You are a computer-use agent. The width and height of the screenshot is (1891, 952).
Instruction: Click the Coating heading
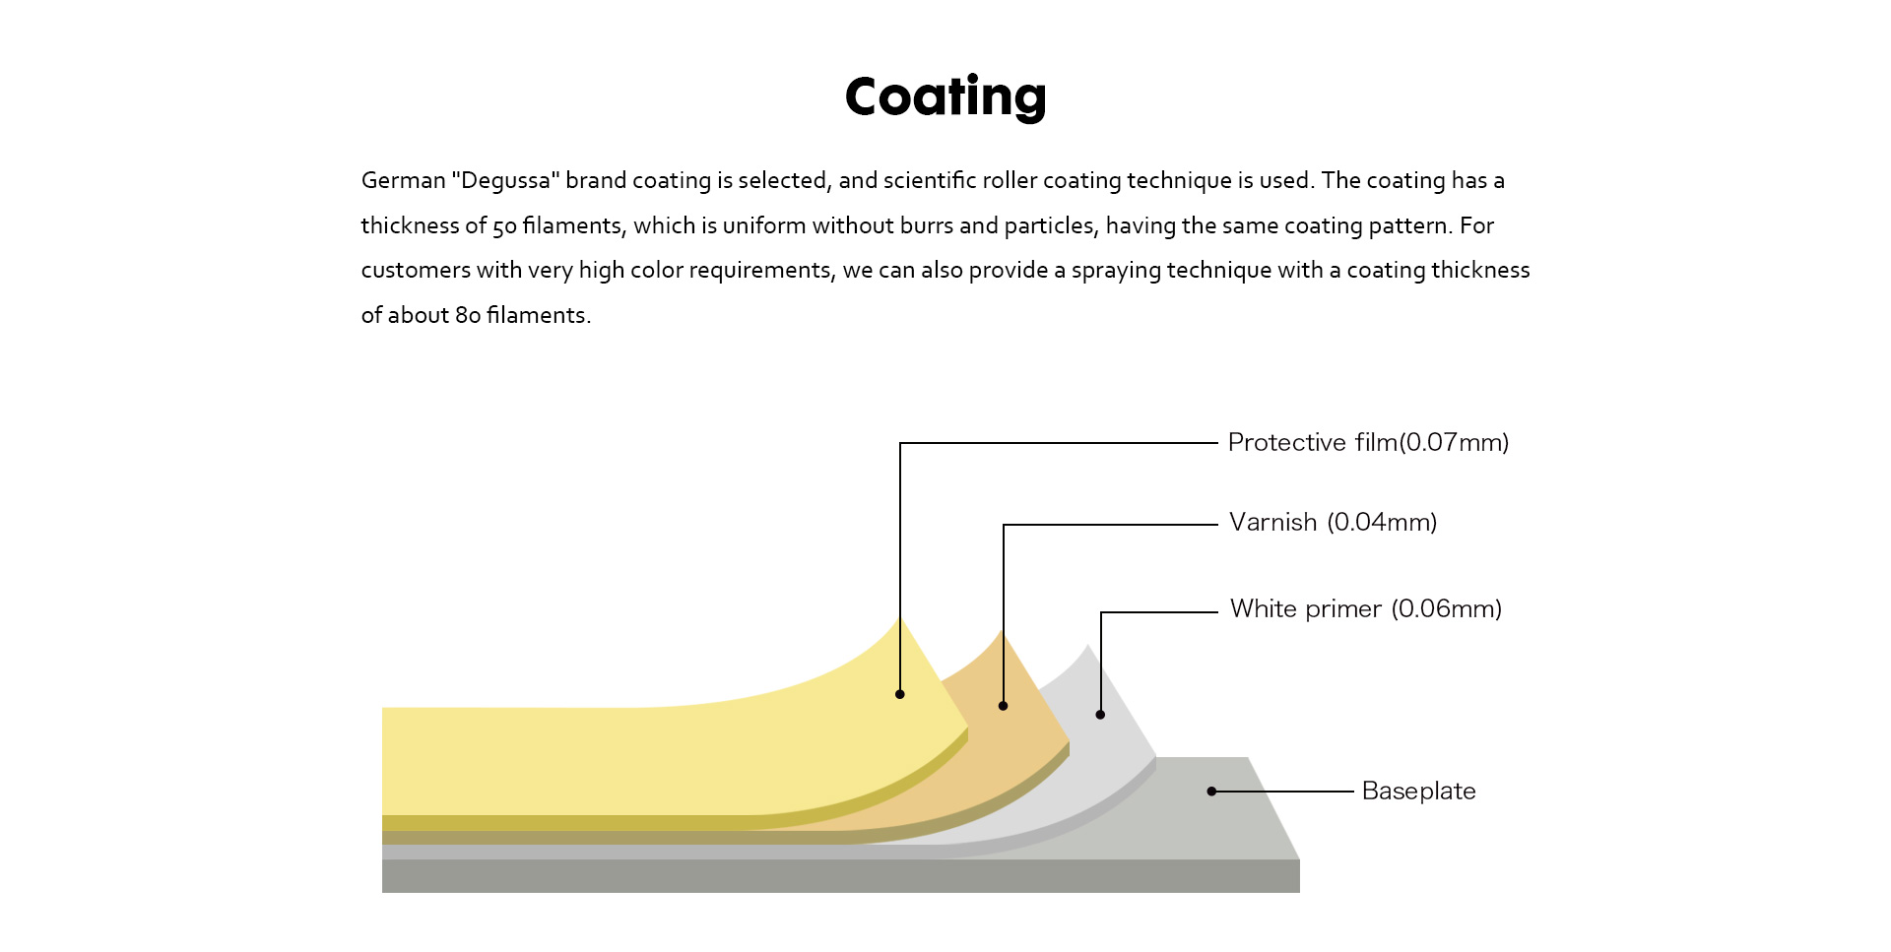945,97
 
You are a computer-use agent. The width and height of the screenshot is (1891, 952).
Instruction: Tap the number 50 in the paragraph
504,226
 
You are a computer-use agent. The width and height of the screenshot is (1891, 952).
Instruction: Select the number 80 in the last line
468,315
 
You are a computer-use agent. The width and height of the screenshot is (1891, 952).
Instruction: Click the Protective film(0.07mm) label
1368,443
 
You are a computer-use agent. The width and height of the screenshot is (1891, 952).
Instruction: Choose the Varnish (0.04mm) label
1333,523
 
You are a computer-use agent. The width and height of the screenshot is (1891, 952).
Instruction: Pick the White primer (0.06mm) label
1366,609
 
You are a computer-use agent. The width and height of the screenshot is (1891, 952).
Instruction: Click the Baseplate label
1418,792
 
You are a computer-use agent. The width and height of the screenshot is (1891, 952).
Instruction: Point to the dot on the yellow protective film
900,694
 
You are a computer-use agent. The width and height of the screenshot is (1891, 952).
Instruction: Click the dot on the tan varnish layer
1003,706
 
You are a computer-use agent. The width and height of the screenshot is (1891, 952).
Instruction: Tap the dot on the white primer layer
1100,715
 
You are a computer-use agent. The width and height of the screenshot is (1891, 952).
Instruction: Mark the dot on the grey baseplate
1211,792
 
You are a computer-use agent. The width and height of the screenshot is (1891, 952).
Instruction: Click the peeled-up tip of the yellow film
900,617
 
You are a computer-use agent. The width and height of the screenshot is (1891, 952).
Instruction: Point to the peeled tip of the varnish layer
1003,631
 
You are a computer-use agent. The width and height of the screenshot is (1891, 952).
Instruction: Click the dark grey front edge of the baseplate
841,876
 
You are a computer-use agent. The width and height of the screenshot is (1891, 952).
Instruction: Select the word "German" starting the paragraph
403,181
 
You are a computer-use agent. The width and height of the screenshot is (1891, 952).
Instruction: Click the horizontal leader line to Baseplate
1283,792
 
